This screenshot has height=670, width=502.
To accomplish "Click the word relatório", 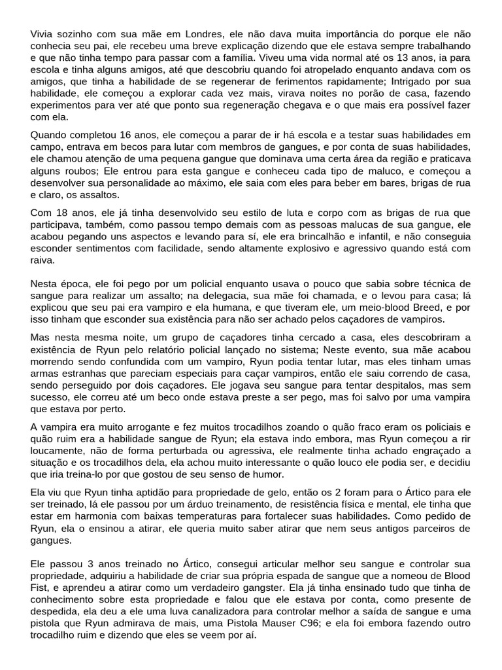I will (x=203, y=349).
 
